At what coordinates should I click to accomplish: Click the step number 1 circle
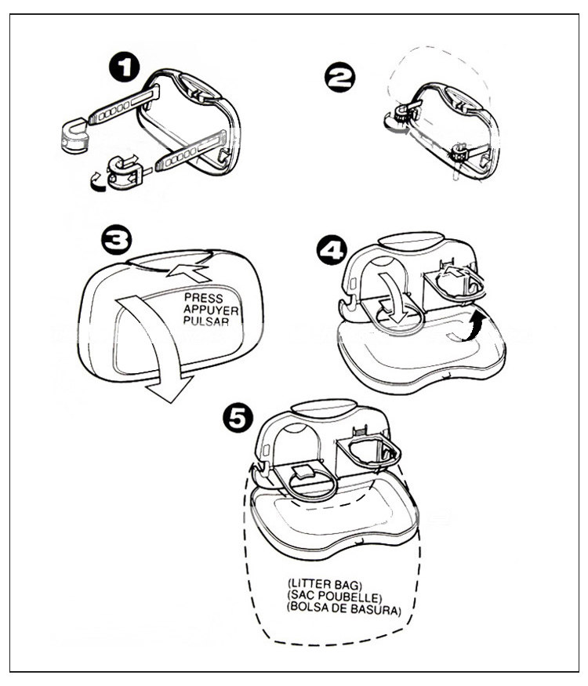coord(123,68)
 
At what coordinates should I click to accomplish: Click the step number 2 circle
coord(339,78)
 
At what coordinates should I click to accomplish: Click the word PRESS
coord(203,298)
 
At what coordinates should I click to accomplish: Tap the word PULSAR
coord(205,321)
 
